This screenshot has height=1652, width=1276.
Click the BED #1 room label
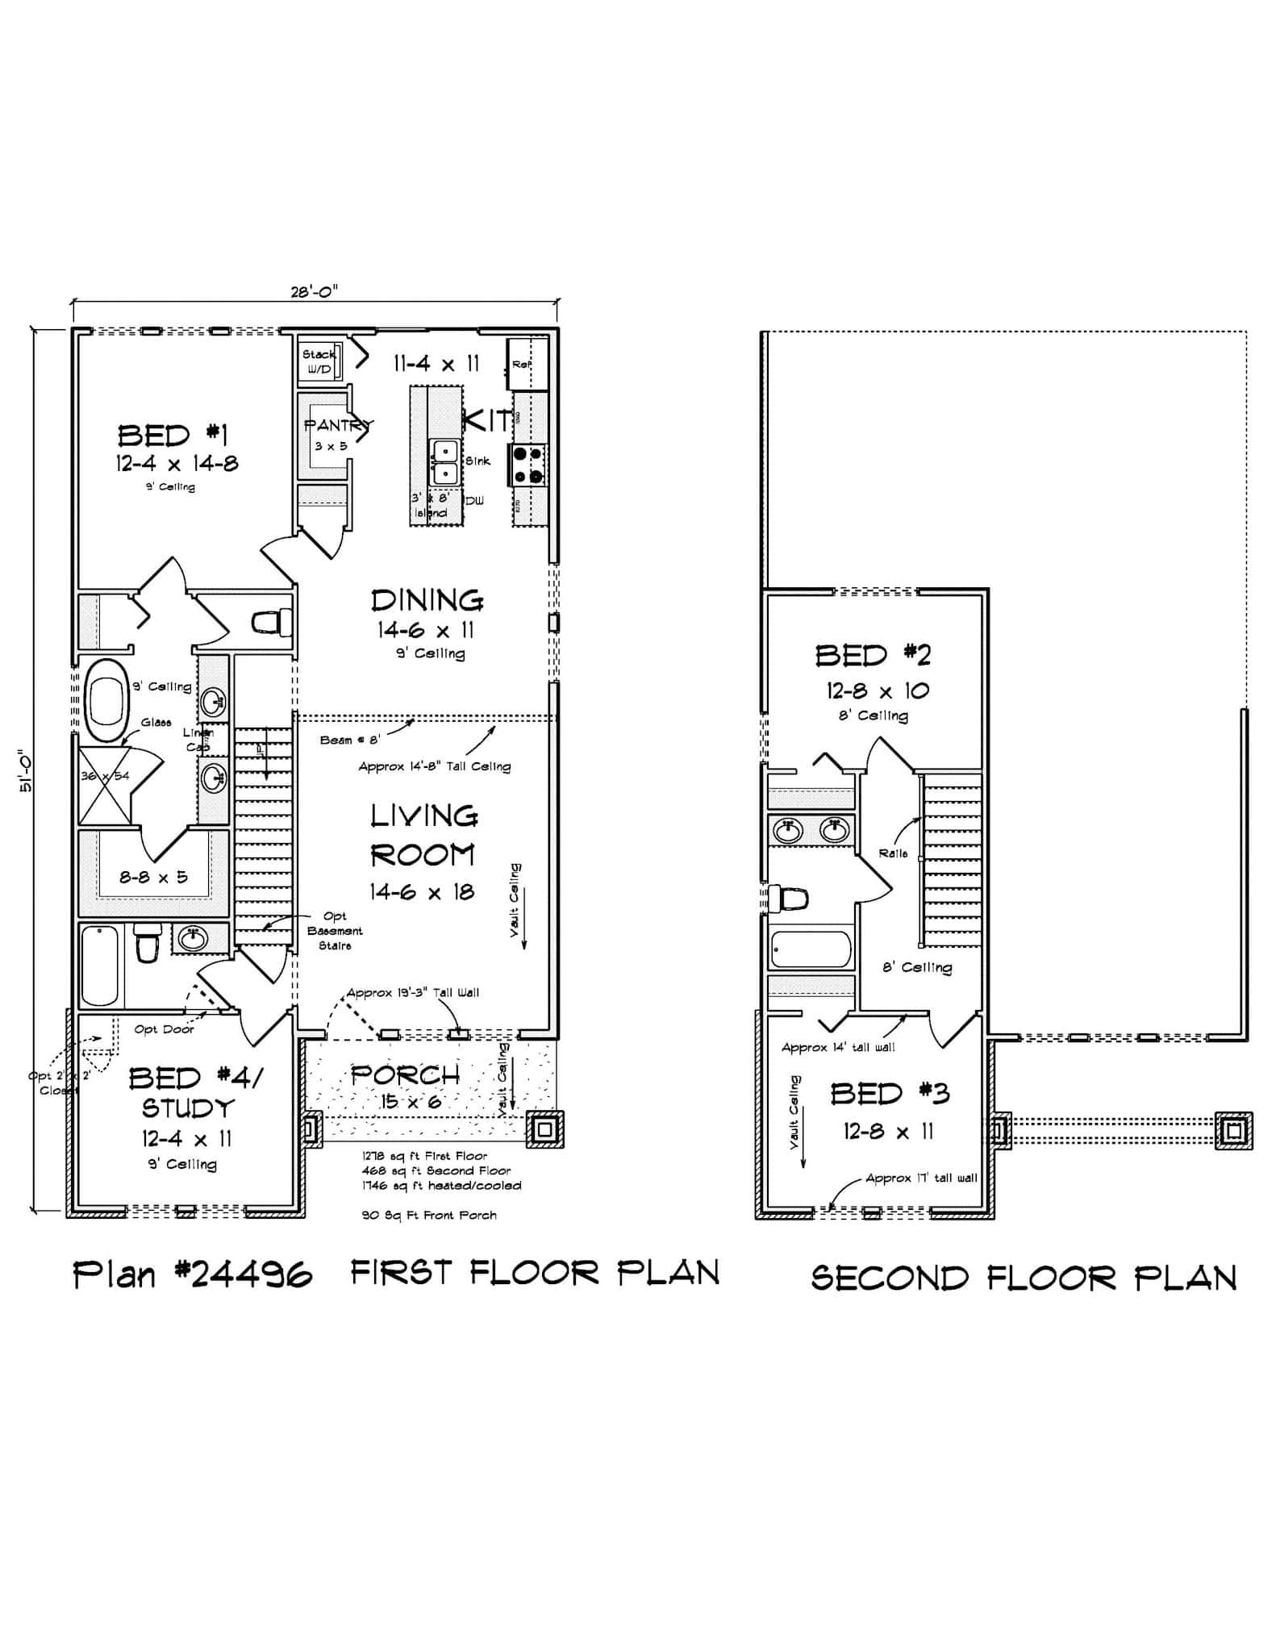173,436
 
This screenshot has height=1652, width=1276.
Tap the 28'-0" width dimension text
314,292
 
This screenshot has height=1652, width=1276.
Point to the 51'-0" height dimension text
25,771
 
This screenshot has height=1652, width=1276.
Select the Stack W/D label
318,362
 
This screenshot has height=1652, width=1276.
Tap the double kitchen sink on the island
444,461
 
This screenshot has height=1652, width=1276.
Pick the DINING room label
427,600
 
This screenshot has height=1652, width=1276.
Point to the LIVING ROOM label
423,835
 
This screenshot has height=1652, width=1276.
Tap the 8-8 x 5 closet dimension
153,877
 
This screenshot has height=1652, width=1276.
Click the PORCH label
405,1074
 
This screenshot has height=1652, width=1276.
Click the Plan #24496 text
192,1275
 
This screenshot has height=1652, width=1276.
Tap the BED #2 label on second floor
873,655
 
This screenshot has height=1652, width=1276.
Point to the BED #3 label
890,1094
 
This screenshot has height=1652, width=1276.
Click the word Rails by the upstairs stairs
893,853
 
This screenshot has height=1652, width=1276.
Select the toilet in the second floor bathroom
788,899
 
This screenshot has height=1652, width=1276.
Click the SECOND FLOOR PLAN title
1023,1279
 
